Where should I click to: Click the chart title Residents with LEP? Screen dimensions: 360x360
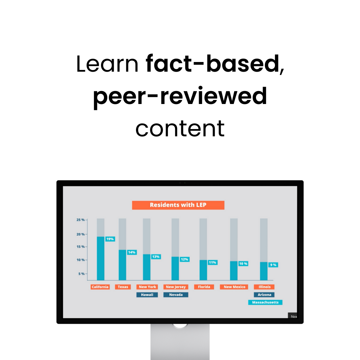tap(178, 205)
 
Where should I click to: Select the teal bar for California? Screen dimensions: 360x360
tap(101, 258)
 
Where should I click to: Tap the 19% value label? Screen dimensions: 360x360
tap(110, 239)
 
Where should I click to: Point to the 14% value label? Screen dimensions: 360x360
tap(132, 252)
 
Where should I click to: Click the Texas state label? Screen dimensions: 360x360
tap(123, 287)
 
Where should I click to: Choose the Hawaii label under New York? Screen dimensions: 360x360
tap(147, 295)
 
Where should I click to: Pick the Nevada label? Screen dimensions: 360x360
tap(176, 295)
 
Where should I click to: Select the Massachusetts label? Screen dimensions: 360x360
tap(265, 302)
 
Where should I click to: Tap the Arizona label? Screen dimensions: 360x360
tap(264, 295)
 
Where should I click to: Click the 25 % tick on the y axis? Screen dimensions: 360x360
tap(81, 220)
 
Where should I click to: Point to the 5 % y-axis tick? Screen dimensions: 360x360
tap(82, 274)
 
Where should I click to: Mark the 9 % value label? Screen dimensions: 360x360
tap(273, 265)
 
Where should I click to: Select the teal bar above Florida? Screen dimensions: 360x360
tap(203, 270)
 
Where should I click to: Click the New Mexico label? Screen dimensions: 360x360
tap(234, 287)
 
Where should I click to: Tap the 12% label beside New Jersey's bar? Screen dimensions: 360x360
tap(185, 259)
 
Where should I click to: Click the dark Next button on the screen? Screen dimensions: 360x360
tap(293, 315)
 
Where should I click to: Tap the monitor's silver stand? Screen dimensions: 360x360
tap(180, 342)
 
